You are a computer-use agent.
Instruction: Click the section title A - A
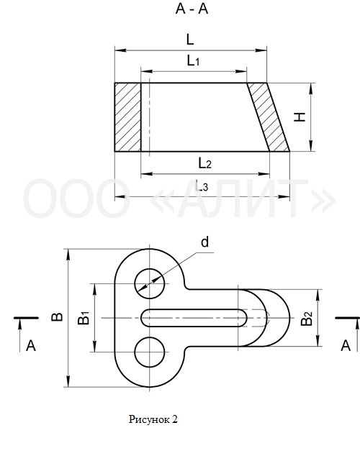pos(192,9)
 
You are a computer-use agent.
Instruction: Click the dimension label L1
pos(193,60)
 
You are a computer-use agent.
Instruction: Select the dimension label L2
pos(204,163)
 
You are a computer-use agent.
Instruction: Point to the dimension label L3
pos(202,186)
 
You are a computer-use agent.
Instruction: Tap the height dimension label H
pos(300,117)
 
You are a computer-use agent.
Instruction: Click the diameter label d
pos(205,242)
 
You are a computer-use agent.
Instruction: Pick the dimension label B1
pos(84,318)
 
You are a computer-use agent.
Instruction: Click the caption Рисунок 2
pos(153,419)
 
